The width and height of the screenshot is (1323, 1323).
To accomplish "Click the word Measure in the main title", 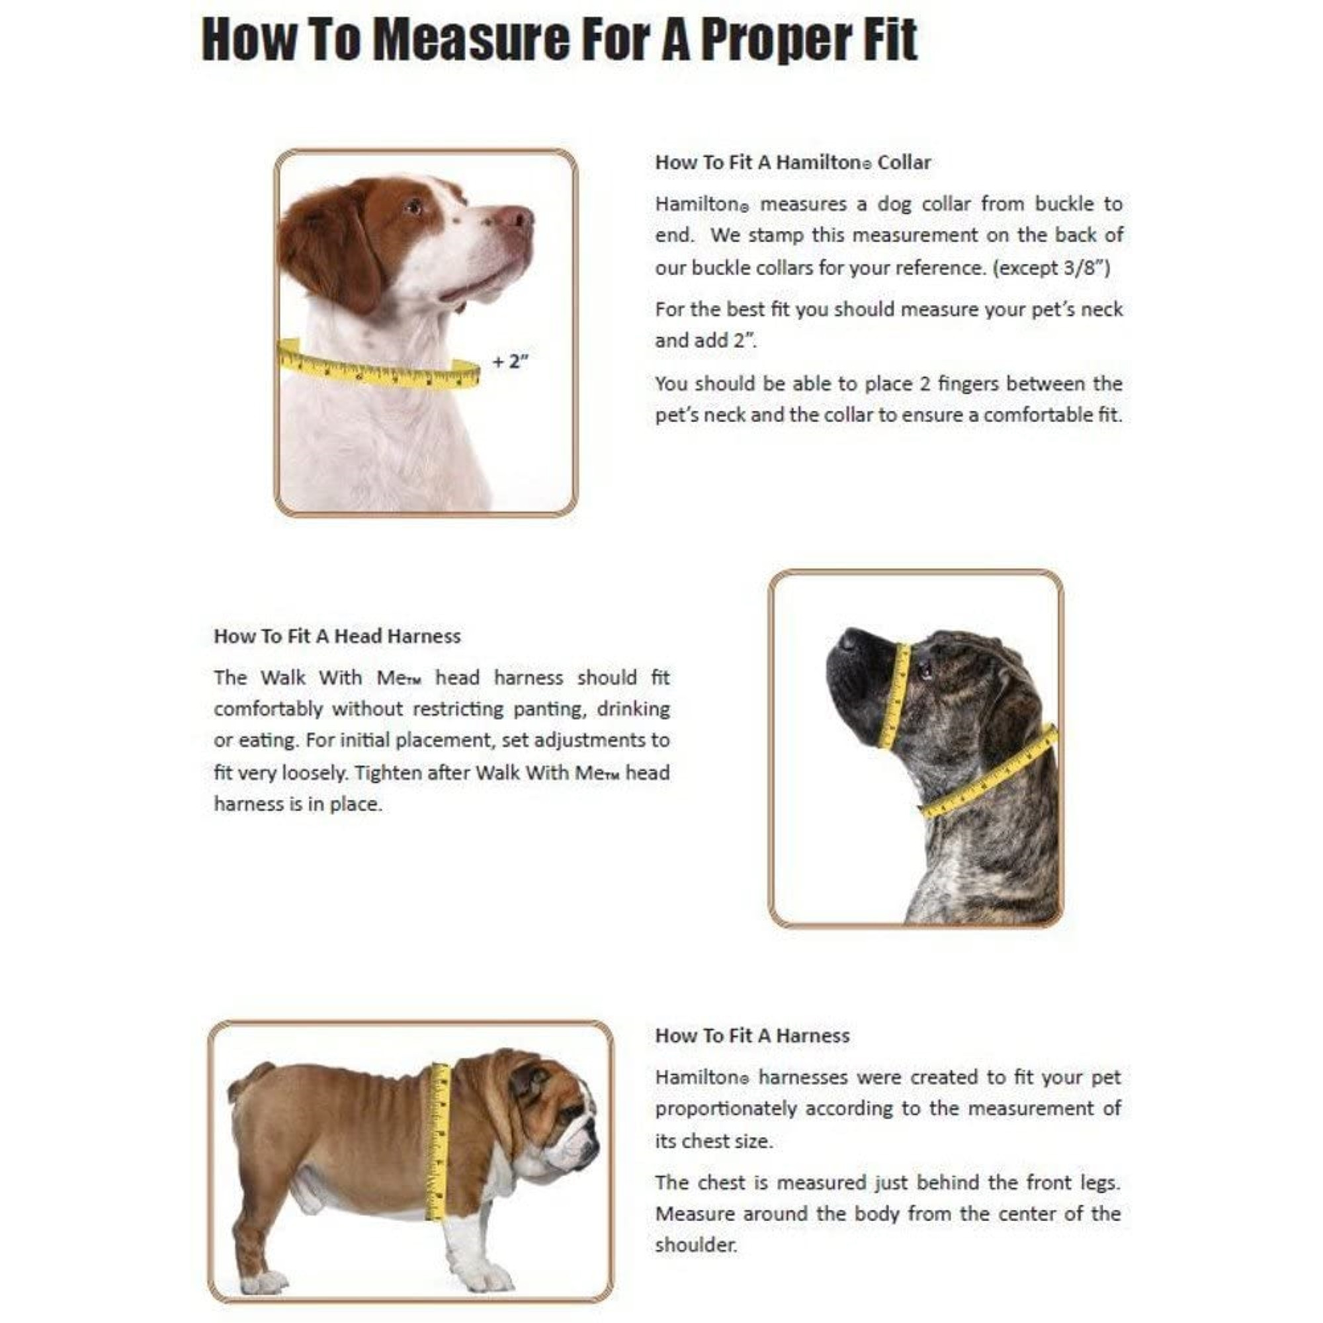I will pyautogui.click(x=472, y=39).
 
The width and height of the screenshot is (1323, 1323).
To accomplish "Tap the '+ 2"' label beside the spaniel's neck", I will pyautogui.click(x=511, y=362).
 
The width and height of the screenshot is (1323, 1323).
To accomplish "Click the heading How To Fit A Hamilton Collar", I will pyautogui.click(x=792, y=162).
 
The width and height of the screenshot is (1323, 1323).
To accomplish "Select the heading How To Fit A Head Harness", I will pyautogui.click(x=337, y=636).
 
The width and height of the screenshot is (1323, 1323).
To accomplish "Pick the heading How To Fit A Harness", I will pyautogui.click(x=752, y=1035).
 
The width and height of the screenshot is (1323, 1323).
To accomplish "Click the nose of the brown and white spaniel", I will pyautogui.click(x=523, y=218).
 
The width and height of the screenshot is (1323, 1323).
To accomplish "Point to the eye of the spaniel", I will pyautogui.click(x=413, y=206).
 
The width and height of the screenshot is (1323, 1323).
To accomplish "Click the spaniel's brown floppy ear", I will pyautogui.click(x=329, y=247).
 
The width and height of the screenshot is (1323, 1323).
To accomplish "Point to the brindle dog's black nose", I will pyautogui.click(x=850, y=639).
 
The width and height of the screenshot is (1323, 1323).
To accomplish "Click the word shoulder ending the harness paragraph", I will pyautogui.click(x=695, y=1245).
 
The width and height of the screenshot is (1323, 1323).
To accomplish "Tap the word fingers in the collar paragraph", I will pyautogui.click(x=968, y=384).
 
